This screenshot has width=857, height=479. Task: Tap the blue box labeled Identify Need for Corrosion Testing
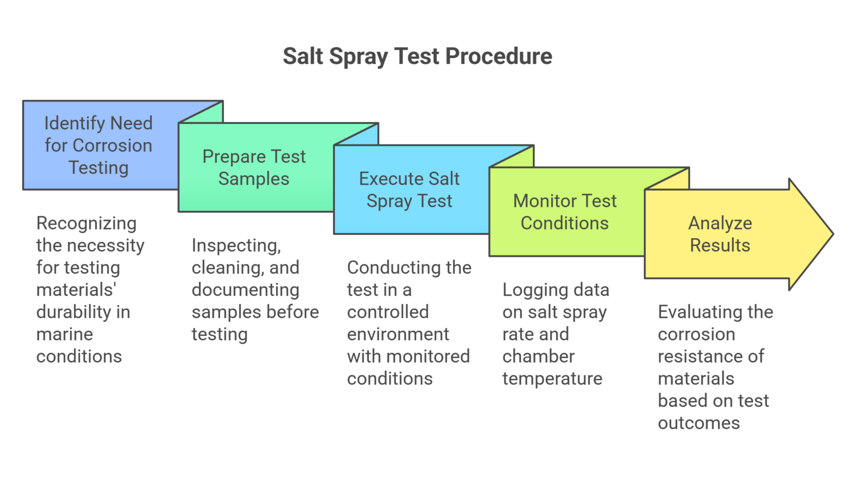point(99,145)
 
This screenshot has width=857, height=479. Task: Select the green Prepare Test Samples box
point(254,167)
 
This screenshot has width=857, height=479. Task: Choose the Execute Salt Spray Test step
point(409,190)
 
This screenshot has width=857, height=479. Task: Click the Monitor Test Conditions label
point(565,212)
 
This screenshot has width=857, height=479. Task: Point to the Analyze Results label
point(720,234)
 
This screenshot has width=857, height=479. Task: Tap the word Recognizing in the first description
point(86,224)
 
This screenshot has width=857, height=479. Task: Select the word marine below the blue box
point(65,335)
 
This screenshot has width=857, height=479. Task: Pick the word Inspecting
point(236,246)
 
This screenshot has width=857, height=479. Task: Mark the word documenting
point(245,290)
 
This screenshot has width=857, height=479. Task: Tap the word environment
point(398,335)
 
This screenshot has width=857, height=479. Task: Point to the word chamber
point(538,357)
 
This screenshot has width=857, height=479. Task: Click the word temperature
point(552,379)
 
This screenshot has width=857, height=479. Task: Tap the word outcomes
point(699,423)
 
